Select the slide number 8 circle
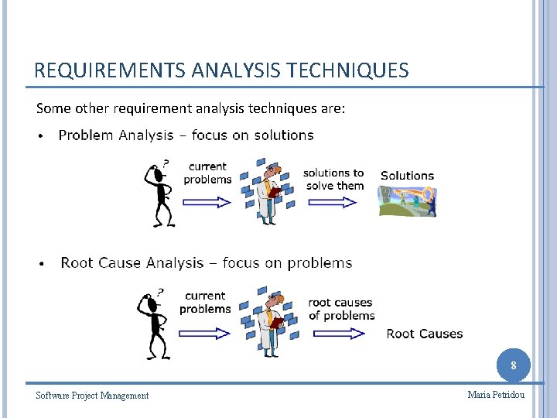tap(514, 365)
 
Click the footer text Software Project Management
tap(92, 396)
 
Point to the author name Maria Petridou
tap(496, 395)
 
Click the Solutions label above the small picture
tap(407, 176)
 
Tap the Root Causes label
tap(424, 334)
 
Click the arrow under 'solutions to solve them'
tap(332, 202)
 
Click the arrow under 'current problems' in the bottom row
tap(204, 333)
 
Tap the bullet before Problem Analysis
tap(41, 137)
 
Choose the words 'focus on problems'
tap(287, 263)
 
